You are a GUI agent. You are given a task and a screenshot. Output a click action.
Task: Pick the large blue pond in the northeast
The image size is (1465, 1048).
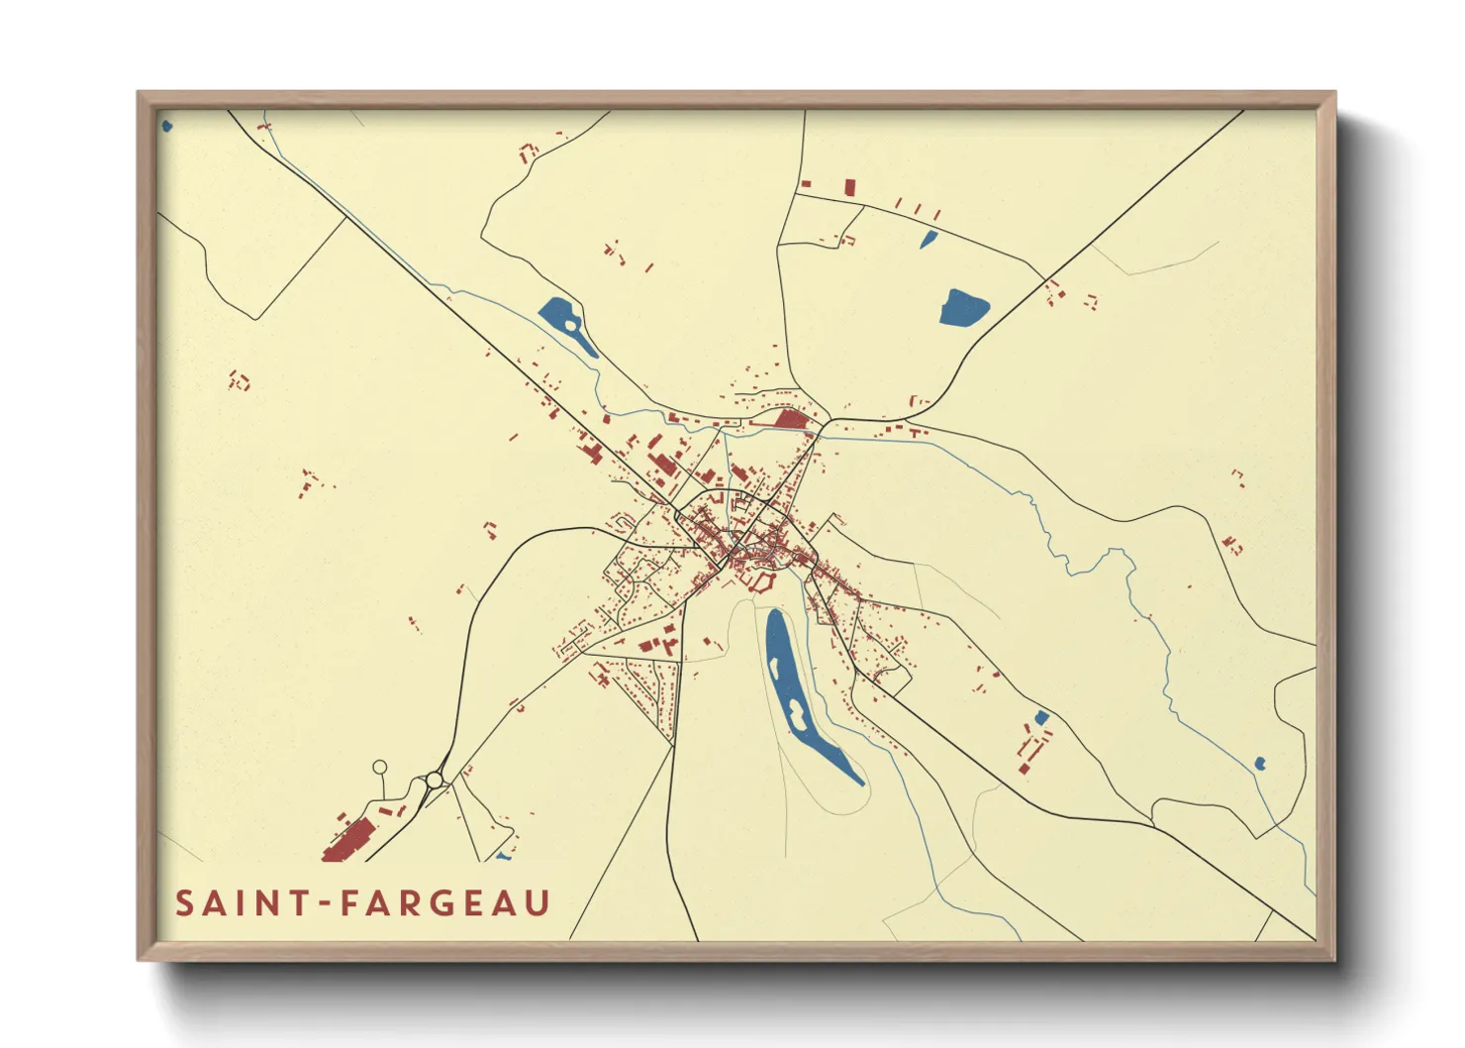click(x=963, y=308)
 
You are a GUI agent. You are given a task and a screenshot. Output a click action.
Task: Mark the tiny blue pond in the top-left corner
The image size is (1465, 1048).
click(x=166, y=126)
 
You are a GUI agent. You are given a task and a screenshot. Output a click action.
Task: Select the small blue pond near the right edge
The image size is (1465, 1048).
click(x=1259, y=763)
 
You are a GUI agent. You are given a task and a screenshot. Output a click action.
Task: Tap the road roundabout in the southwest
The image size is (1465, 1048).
click(x=434, y=781)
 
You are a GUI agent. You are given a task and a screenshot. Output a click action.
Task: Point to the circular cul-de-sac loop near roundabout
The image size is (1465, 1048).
click(x=379, y=768)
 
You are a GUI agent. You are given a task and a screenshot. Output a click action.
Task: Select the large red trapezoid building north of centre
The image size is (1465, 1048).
click(x=792, y=419)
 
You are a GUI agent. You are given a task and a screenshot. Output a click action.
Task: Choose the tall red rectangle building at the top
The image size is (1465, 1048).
click(x=849, y=187)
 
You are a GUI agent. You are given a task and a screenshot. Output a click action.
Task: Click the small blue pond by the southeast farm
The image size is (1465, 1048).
click(x=1040, y=717)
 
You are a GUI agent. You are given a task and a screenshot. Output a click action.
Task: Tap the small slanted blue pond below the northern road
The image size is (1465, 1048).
click(x=928, y=239)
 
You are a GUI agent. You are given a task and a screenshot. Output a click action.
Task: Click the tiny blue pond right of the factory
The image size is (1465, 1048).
click(x=504, y=856)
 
